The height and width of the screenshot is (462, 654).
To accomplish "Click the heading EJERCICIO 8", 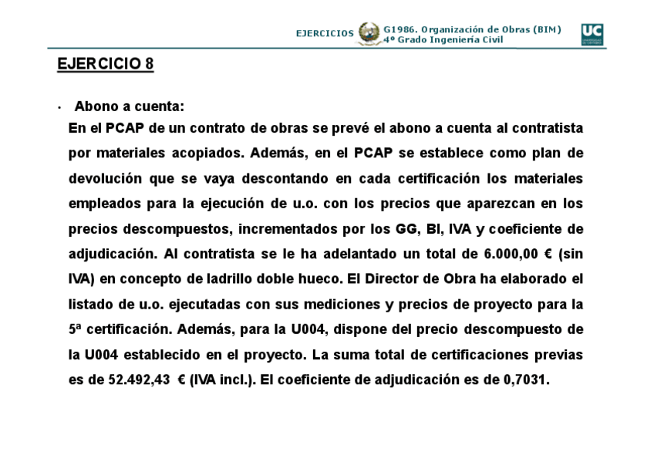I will coord(105,65).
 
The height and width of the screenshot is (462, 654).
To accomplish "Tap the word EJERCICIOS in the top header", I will coord(325,34).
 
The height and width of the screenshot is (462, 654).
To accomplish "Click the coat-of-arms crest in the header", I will coord(369,34).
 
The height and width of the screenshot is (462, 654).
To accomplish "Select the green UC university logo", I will coord(592,34).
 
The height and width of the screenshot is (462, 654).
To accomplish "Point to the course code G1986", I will coord(399,29).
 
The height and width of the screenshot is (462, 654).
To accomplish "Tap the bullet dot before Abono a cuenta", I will coord(59,107).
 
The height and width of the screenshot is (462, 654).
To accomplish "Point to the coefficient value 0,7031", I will coord(524,379).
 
